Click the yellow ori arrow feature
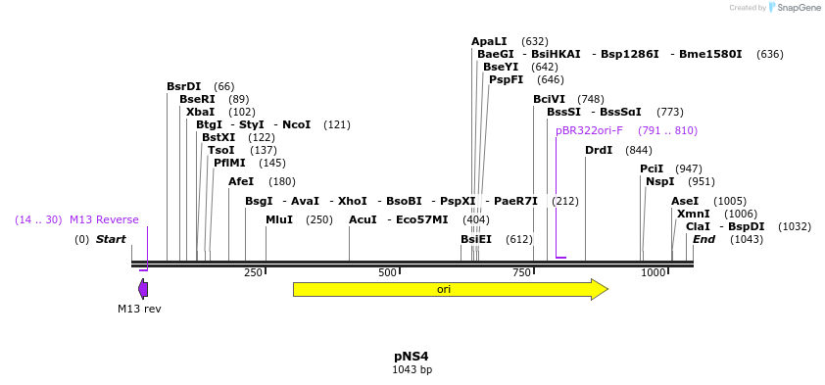[450, 289]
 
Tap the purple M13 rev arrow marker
[143, 289]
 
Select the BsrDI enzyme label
[183, 86]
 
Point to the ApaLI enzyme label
[489, 41]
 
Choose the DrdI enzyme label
[599, 150]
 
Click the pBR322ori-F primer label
[589, 130]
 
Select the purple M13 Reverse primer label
[104, 219]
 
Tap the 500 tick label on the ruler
[388, 272]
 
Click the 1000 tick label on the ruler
[654, 272]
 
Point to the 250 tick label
[253, 272]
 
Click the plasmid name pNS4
[412, 356]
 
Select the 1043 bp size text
[412, 370]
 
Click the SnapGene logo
[795, 8]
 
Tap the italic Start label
[111, 239]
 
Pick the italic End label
[704, 239]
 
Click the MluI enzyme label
[279, 219]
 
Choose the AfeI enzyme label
[241, 181]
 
